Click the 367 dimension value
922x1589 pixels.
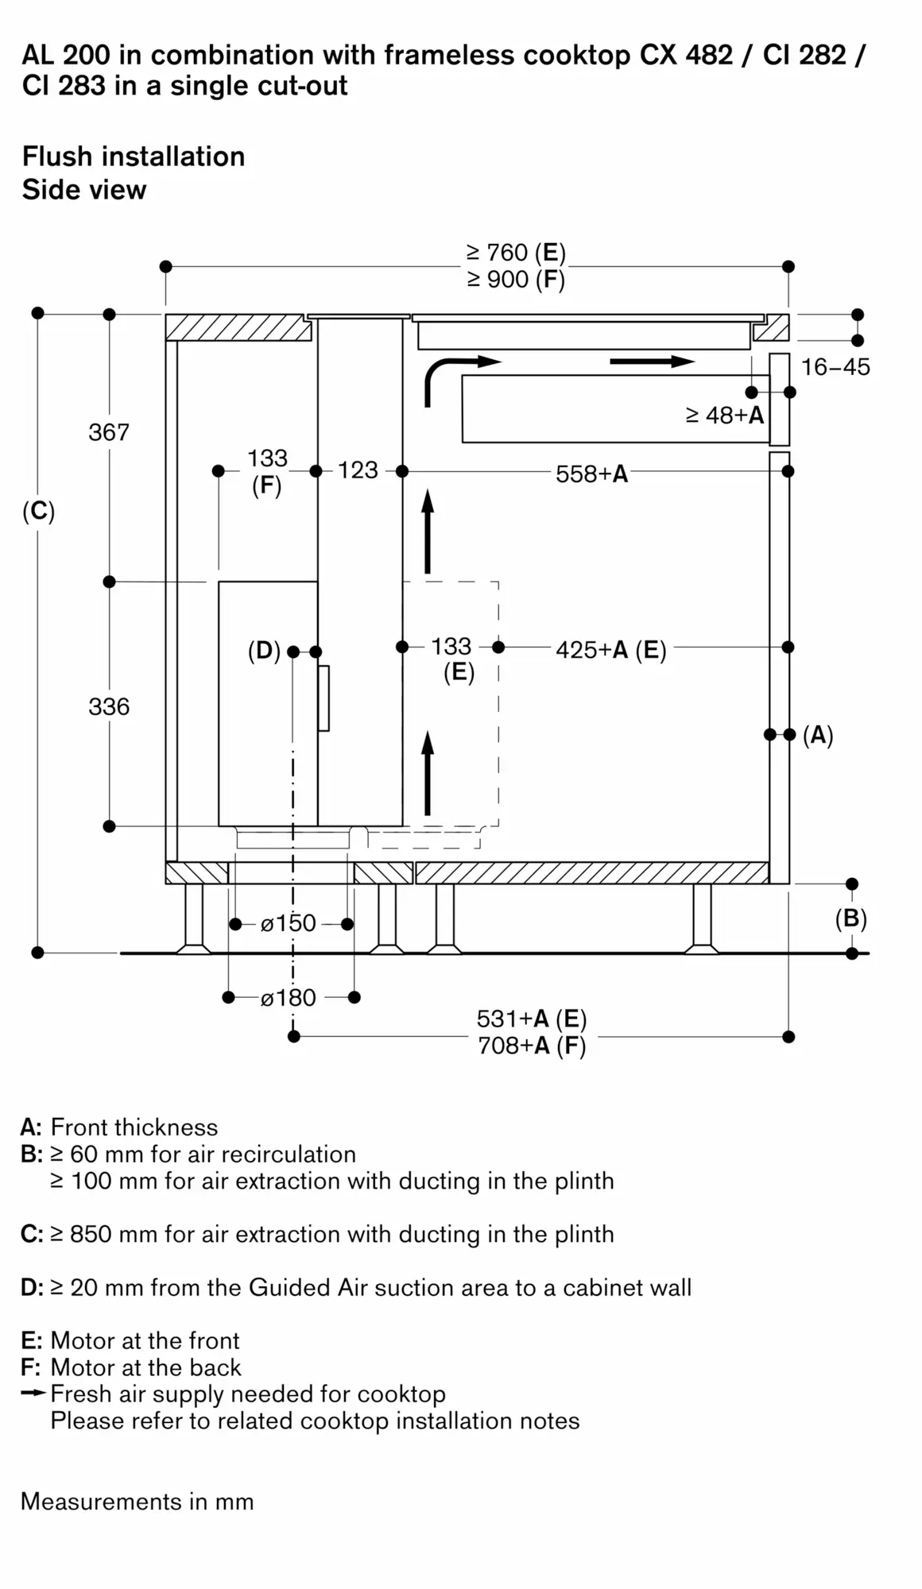click(x=109, y=432)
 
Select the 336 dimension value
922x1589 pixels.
click(x=109, y=706)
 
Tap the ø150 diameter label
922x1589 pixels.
click(x=289, y=923)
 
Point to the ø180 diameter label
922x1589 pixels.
click(x=289, y=997)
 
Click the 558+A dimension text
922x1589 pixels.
click(x=591, y=474)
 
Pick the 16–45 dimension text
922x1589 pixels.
click(x=835, y=367)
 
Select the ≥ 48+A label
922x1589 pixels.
click(x=724, y=415)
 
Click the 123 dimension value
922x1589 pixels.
click(x=358, y=470)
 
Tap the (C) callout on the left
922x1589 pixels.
click(x=39, y=511)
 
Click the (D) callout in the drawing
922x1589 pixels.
click(x=264, y=651)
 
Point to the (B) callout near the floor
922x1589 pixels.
click(x=850, y=918)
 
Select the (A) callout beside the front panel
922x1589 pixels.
click(x=818, y=735)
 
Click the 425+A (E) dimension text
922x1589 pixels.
click(x=610, y=650)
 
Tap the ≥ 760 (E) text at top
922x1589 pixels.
click(x=516, y=253)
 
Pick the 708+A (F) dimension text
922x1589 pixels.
click(x=531, y=1046)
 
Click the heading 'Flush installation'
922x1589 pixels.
click(x=134, y=157)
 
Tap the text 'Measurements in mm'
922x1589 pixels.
click(x=137, y=1502)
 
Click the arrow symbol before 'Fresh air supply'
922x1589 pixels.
click(x=33, y=1393)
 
